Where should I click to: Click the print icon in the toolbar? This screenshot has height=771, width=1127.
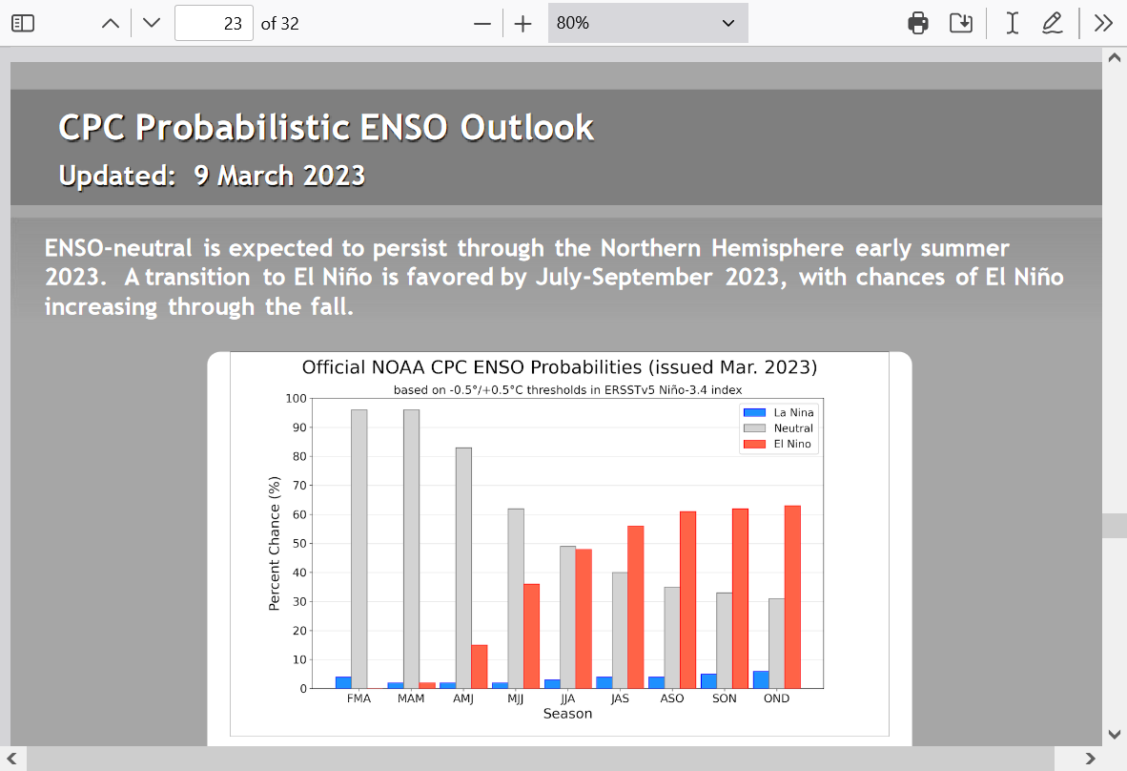point(918,23)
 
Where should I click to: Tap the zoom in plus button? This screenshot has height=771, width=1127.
point(523,24)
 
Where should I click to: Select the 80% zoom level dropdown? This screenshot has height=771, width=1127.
point(647,23)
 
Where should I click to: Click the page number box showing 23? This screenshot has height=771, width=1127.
point(214,23)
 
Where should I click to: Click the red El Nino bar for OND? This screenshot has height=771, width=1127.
point(792,597)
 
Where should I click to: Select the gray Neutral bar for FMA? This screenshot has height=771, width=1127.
point(359,549)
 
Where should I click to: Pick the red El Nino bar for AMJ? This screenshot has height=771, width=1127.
point(480,667)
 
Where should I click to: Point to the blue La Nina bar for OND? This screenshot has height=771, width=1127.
point(761,679)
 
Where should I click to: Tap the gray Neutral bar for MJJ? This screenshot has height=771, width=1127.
point(516,598)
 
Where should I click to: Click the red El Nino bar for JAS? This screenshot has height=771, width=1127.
point(635,607)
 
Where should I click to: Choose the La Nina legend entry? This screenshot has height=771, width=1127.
point(779,412)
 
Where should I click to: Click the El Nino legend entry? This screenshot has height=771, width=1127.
point(778,444)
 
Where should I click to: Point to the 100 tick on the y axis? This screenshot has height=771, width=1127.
point(297,399)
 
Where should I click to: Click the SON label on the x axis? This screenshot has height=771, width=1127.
point(725,698)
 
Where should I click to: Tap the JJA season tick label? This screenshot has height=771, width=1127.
point(568,698)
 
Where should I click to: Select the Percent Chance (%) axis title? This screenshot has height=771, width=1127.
point(274,544)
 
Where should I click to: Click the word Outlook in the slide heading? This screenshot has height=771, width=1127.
point(527,127)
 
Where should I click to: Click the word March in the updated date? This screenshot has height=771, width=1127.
point(256,176)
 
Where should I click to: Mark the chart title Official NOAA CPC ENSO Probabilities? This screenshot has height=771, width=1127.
point(472,367)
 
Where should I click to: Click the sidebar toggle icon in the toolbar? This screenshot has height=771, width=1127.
point(23,23)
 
